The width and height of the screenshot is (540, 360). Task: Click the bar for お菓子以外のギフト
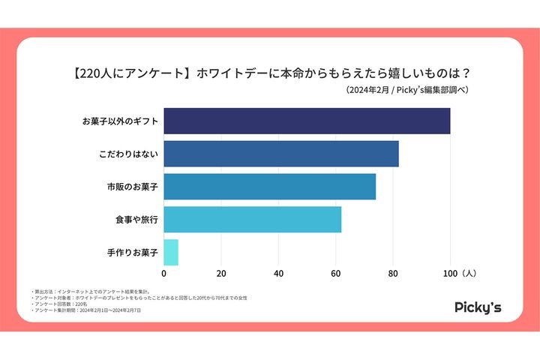click(307, 121)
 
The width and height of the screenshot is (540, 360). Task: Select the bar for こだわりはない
click(281, 154)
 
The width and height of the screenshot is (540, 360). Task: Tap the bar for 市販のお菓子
click(269, 187)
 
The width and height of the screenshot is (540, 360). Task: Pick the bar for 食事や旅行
click(252, 219)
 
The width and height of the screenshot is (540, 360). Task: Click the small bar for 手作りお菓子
click(171, 252)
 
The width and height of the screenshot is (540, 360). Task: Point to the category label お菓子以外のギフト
click(119, 121)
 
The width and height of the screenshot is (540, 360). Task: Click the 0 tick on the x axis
click(164, 273)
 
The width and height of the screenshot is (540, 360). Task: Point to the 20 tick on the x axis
click(221, 273)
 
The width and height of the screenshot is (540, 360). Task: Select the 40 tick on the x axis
click(279, 273)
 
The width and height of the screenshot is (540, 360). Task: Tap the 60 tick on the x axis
click(336, 273)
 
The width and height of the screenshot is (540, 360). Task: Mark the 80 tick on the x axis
click(393, 273)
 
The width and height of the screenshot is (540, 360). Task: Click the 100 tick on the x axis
click(450, 273)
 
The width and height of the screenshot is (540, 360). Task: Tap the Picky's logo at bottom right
click(478, 307)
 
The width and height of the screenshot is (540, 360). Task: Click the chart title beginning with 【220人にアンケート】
click(270, 73)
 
